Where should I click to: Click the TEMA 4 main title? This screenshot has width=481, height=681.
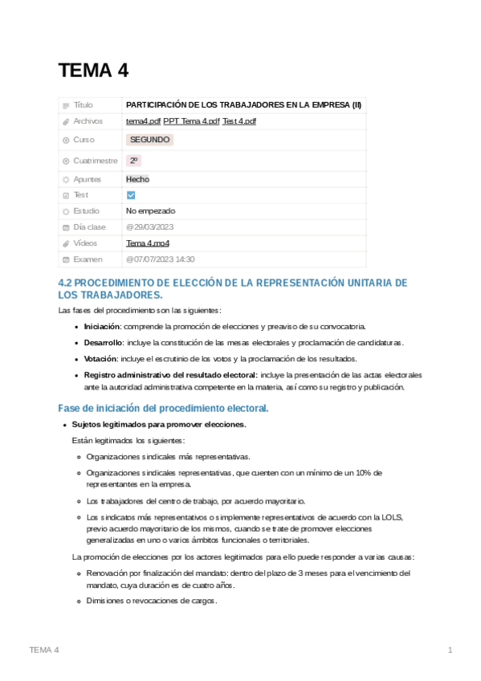[93, 71]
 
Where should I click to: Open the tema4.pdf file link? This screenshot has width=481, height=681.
[144, 121]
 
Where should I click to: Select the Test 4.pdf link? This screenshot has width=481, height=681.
[239, 121]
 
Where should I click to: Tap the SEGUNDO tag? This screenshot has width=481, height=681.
[149, 140]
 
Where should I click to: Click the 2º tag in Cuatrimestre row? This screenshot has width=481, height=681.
[133, 161]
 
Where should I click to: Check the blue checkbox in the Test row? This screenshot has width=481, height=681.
[131, 195]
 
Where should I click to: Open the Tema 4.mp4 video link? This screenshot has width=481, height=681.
[147, 243]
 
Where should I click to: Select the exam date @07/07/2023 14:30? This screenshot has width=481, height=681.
[160, 259]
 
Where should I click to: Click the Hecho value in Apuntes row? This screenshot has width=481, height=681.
[137, 179]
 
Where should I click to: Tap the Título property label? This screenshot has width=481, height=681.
[83, 105]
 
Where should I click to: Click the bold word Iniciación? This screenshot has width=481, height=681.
[102, 326]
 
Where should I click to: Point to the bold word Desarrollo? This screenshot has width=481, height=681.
[103, 342]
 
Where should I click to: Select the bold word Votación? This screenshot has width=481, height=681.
[100, 358]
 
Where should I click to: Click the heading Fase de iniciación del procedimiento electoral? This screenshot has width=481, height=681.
[163, 409]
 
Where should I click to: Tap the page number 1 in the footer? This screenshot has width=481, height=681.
[450, 650]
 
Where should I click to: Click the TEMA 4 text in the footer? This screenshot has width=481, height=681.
[44, 650]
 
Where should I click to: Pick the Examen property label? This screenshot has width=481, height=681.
[88, 259]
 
